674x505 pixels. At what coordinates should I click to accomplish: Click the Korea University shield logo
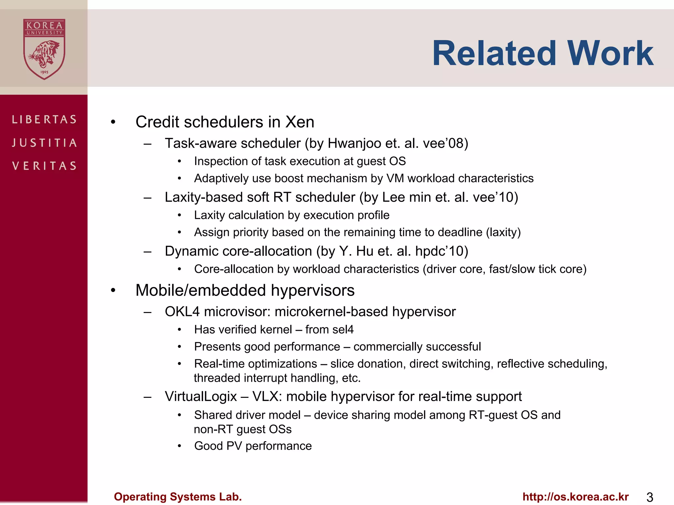pos(44,49)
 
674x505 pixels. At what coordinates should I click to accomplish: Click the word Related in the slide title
pos(494,53)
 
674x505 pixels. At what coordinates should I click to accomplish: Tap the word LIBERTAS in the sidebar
pos(44,119)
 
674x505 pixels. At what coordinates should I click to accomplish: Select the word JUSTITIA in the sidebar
pos(44,143)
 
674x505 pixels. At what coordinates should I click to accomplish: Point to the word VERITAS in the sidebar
pos(44,166)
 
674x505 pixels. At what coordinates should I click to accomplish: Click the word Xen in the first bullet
pos(299,122)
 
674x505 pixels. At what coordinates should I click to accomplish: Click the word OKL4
pos(182,312)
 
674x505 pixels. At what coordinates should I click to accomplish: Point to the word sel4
pos(343,329)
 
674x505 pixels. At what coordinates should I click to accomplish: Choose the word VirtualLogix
pos(201,397)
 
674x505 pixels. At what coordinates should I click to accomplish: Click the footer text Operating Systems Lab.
pos(178,497)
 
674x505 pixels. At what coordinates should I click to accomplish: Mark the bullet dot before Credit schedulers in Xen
pos(113,122)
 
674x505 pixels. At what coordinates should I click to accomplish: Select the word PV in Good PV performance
pos(234,446)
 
